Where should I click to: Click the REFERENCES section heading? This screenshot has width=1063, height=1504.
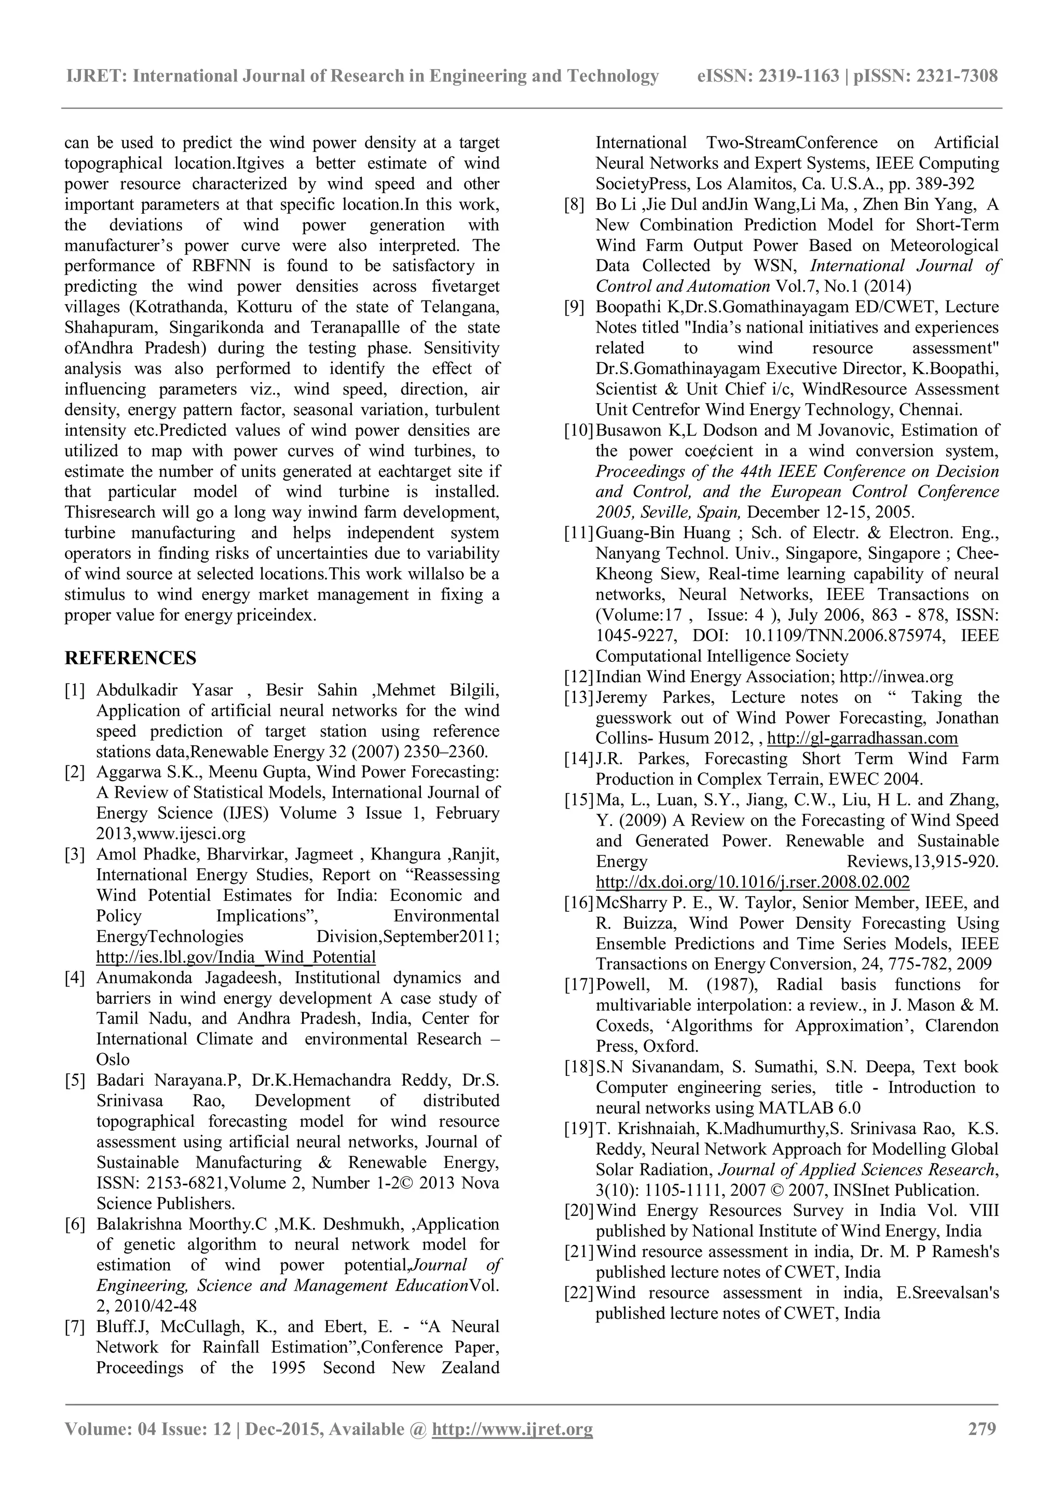click(130, 658)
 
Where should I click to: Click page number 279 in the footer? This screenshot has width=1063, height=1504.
click(982, 1429)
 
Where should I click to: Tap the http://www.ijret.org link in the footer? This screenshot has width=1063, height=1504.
click(512, 1429)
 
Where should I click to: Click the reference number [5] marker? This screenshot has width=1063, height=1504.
click(75, 1080)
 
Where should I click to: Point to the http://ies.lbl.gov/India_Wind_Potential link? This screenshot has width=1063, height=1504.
click(236, 957)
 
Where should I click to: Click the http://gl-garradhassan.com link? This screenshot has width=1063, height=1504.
click(862, 738)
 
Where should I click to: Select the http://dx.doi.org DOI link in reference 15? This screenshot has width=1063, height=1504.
click(753, 882)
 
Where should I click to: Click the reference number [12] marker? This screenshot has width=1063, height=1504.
click(578, 677)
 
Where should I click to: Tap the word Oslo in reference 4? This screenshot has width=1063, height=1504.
click(113, 1059)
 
